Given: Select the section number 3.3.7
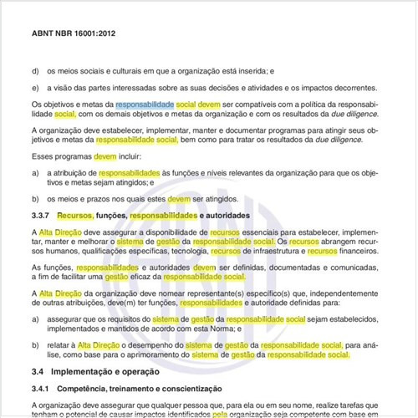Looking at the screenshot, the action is point(42,215).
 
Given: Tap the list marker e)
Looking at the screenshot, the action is point(34,87).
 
